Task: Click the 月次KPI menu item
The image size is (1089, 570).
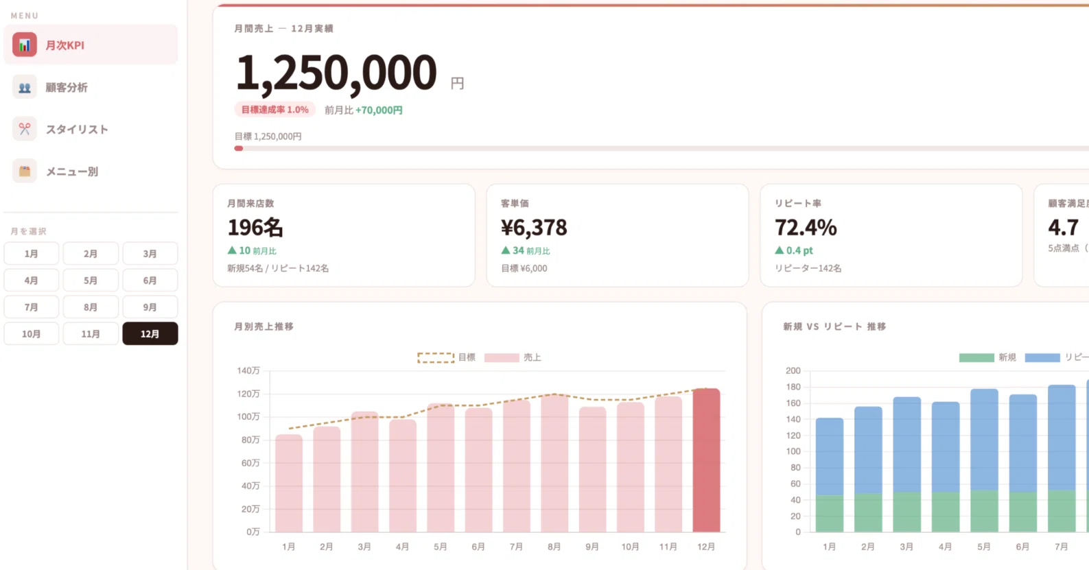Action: [91, 45]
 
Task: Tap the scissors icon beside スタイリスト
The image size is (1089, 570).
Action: [24, 129]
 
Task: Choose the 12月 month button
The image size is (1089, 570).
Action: [150, 334]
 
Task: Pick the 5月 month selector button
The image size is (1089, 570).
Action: [91, 281]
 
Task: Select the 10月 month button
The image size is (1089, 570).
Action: [31, 334]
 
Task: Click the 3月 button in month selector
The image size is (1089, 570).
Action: [150, 254]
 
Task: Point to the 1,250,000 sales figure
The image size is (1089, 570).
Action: [336, 73]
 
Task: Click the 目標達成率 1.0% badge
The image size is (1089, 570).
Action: [274, 110]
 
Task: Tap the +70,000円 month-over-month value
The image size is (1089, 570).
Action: [379, 110]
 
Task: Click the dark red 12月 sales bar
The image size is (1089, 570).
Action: [706, 460]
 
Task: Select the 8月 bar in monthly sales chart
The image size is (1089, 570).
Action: [554, 463]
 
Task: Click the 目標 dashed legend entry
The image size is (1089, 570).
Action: [446, 357]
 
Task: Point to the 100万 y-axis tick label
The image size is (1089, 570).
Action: [248, 416]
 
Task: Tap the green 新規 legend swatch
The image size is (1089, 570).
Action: [976, 357]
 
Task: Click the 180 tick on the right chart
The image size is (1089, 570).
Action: [793, 387]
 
